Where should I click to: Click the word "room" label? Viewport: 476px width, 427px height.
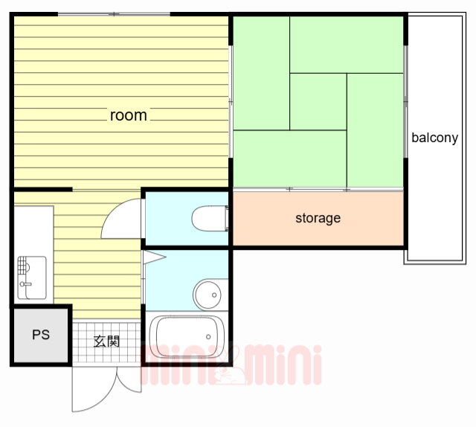click(x=128, y=115)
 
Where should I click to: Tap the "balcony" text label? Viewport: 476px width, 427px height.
click(x=434, y=138)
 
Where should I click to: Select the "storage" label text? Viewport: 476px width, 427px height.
click(x=318, y=218)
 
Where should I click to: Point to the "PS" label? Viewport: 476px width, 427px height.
click(x=41, y=335)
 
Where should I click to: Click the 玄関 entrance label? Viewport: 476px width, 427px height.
click(x=106, y=341)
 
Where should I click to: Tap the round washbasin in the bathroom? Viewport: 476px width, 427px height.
click(x=208, y=294)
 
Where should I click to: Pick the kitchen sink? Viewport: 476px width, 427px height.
click(x=31, y=276)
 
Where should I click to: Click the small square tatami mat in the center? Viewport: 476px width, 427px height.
click(x=318, y=101)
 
